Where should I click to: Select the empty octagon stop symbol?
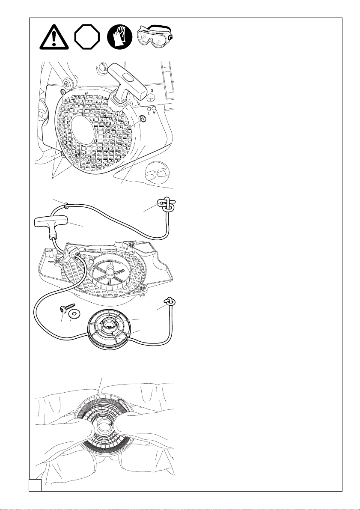(87, 37)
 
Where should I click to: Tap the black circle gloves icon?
(120, 37)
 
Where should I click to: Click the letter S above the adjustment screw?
(151, 90)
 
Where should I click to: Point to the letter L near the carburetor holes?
(149, 113)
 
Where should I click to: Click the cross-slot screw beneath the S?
(151, 98)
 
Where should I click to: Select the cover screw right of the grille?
(142, 119)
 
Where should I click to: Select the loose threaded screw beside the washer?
(68, 307)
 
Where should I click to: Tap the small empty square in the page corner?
(35, 485)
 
